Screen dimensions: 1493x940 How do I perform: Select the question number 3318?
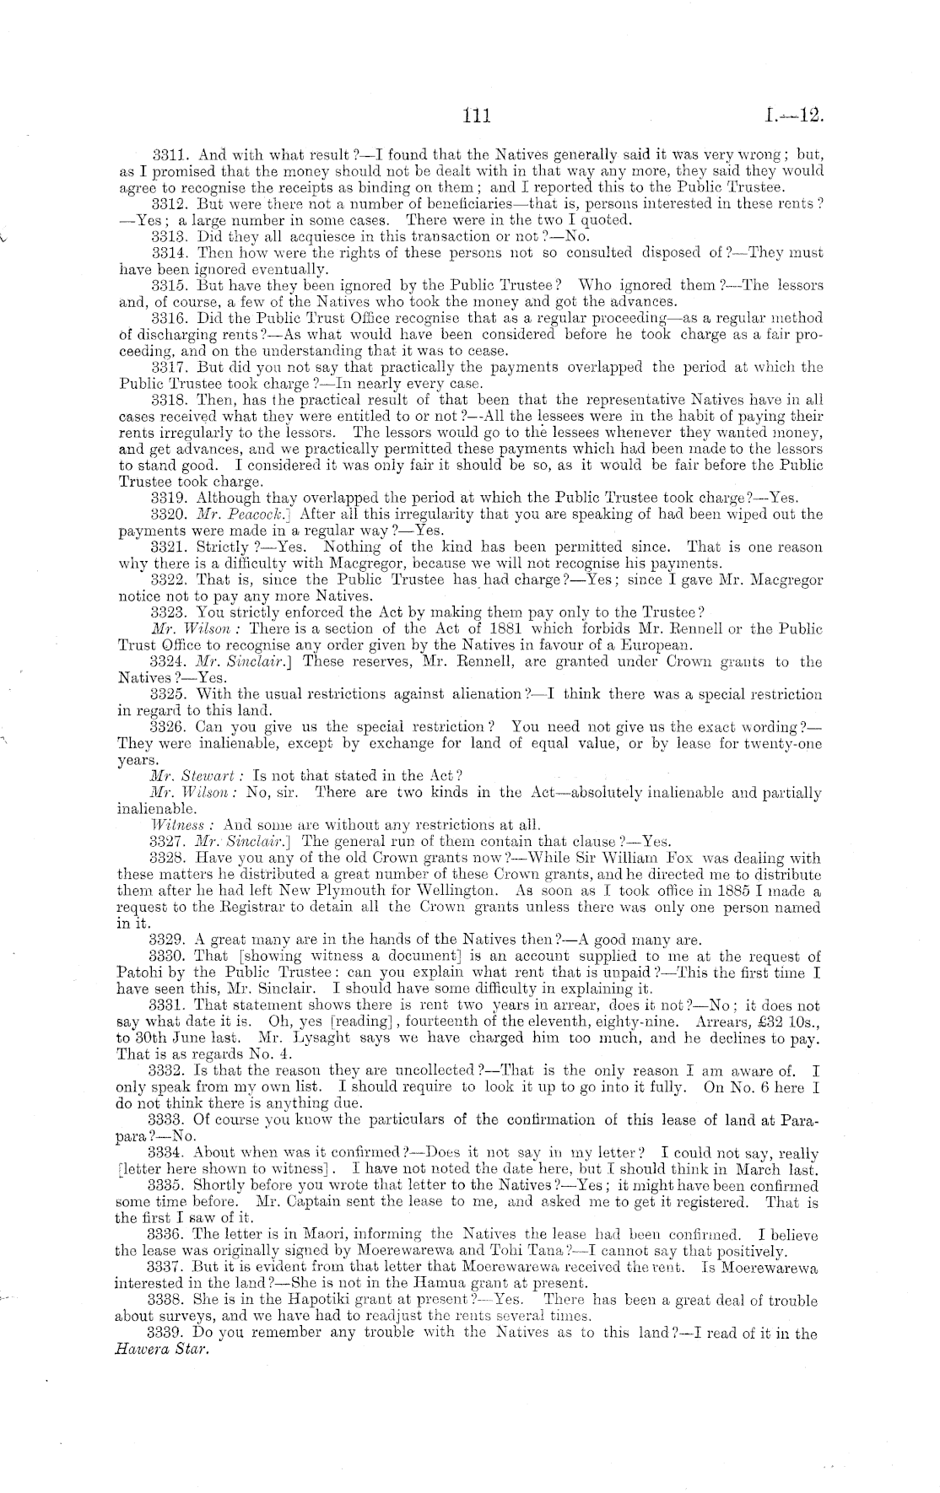[170, 399]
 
